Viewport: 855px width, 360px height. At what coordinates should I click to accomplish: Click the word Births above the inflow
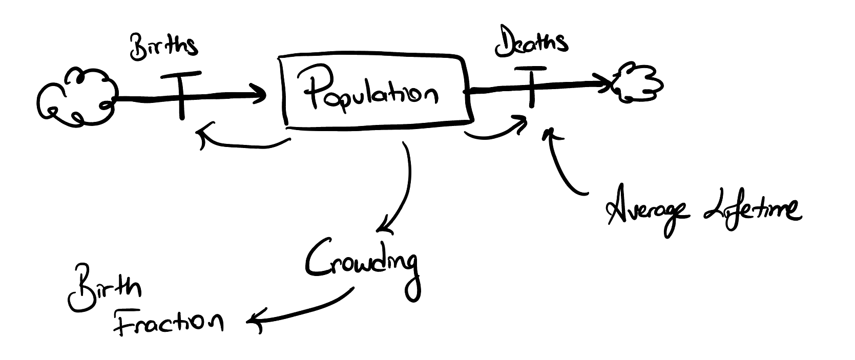(x=163, y=48)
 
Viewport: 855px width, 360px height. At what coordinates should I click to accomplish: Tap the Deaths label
(x=531, y=41)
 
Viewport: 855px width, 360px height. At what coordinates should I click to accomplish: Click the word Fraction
(x=169, y=322)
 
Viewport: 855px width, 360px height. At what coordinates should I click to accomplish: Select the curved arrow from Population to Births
(x=244, y=146)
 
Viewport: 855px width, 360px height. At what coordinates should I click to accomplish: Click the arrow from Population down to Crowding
(x=408, y=187)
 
